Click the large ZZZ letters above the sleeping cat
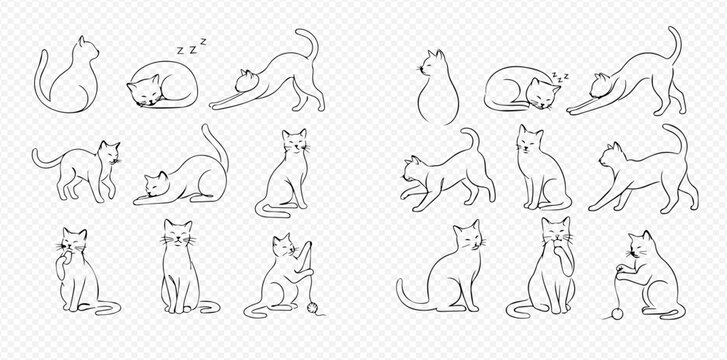click(x=190, y=46)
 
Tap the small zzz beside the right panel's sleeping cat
click(x=561, y=75)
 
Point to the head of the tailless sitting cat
click(x=434, y=66)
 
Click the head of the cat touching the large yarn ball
click(x=640, y=246)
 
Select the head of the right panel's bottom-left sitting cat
click(x=467, y=238)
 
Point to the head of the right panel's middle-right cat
click(x=611, y=154)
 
